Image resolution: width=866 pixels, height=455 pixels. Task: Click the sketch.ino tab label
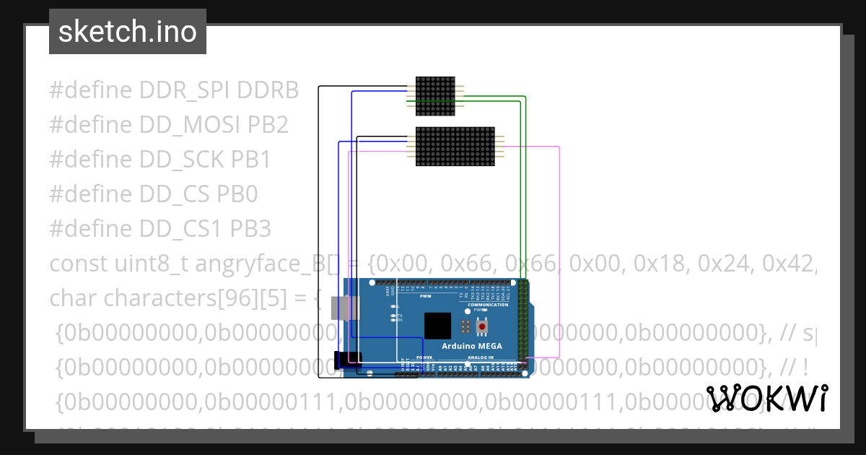pyautogui.click(x=128, y=32)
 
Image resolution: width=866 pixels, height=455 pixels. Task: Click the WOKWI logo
pyautogui.click(x=767, y=398)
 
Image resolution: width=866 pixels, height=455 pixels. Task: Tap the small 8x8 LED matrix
pyautogui.click(x=436, y=96)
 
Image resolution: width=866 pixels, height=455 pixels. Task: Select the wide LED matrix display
pyautogui.click(x=455, y=147)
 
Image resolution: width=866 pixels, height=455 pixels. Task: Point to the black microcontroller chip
pyautogui.click(x=437, y=326)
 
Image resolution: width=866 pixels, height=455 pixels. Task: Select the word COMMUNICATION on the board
pyautogui.click(x=488, y=305)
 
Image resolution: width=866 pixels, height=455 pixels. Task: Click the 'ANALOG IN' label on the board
pyautogui.click(x=481, y=357)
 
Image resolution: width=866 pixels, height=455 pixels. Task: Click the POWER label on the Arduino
pyautogui.click(x=424, y=357)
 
